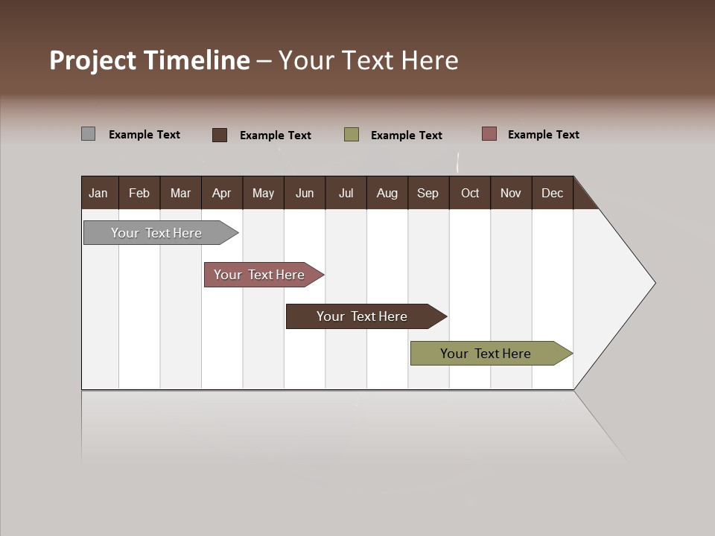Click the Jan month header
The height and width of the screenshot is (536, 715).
pos(98,193)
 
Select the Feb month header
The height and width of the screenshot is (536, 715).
pos(139,193)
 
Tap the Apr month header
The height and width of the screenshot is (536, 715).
pos(221,193)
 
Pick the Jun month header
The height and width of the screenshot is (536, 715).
pos(305,193)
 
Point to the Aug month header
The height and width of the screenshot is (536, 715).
pos(387,193)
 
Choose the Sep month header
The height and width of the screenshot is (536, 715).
pos(428,193)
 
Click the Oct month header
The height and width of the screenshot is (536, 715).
pos(470,193)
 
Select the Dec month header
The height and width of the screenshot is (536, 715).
pos(552,193)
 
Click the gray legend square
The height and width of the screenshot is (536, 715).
pos(89,134)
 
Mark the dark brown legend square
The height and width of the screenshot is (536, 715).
pos(220,135)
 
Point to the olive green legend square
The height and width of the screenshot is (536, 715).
pos(352,135)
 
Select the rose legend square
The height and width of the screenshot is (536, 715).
pos(489,134)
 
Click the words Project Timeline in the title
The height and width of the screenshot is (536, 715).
pos(149,60)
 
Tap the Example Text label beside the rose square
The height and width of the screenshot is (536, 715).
pos(543,135)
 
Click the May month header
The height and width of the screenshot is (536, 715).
pos(263,193)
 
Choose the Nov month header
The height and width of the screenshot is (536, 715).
pos(510,193)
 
